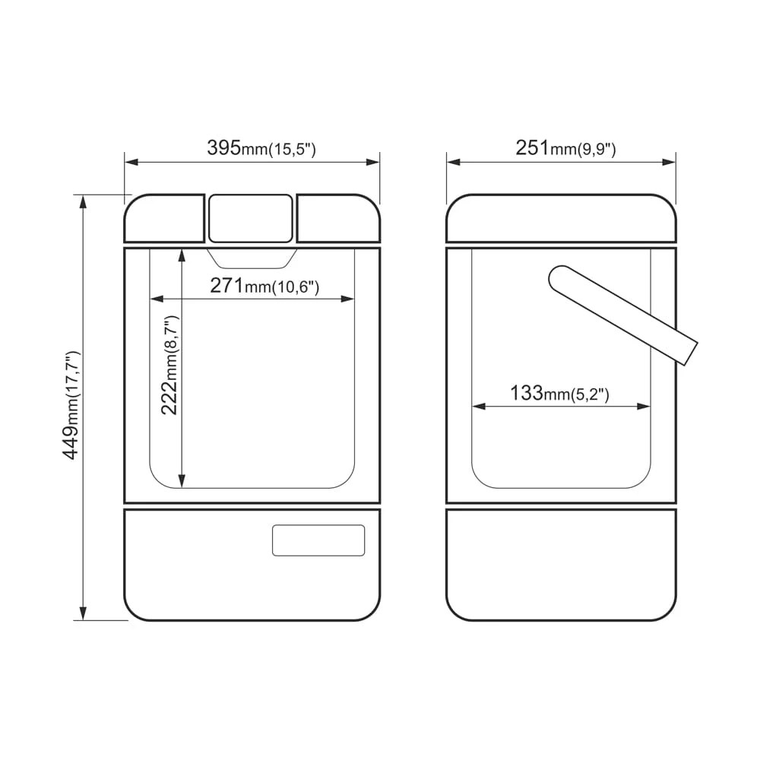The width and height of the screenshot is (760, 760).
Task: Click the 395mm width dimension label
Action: (261, 148)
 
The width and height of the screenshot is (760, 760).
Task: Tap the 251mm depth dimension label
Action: (565, 148)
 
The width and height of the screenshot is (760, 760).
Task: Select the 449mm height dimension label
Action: (71, 405)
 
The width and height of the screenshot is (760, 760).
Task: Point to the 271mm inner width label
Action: (264, 286)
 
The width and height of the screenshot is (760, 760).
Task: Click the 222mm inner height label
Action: (169, 365)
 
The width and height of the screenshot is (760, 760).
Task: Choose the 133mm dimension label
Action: (559, 393)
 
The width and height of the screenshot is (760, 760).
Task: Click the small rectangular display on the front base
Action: (318, 540)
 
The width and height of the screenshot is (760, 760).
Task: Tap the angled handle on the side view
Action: (623, 315)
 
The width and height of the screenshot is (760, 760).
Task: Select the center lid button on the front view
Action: (251, 218)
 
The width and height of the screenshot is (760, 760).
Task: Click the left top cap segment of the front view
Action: (164, 218)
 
